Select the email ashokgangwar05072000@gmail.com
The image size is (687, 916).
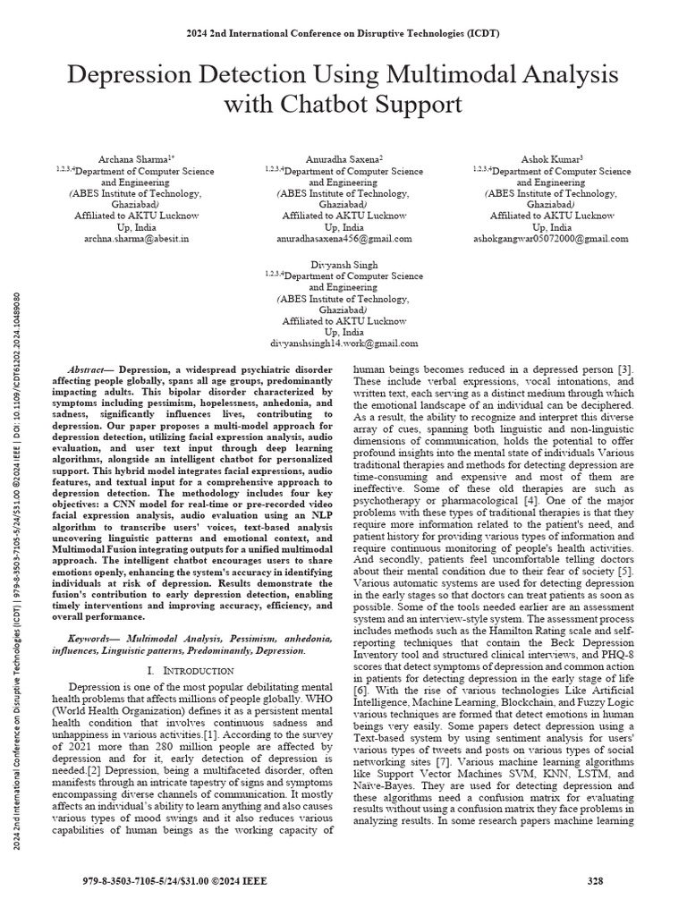pos(550,239)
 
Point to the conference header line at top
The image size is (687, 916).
pos(343,34)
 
